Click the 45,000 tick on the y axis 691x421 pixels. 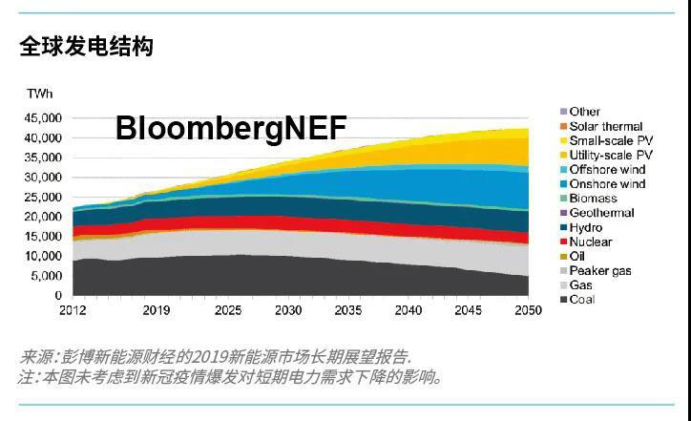click(x=43, y=117)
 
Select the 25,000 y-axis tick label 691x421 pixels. click(x=43, y=197)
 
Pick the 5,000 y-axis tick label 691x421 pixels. click(x=47, y=276)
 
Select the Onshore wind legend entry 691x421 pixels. click(x=607, y=184)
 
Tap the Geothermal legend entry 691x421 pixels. click(x=601, y=213)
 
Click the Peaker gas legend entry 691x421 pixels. click(x=599, y=271)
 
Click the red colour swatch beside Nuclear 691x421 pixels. click(x=563, y=242)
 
